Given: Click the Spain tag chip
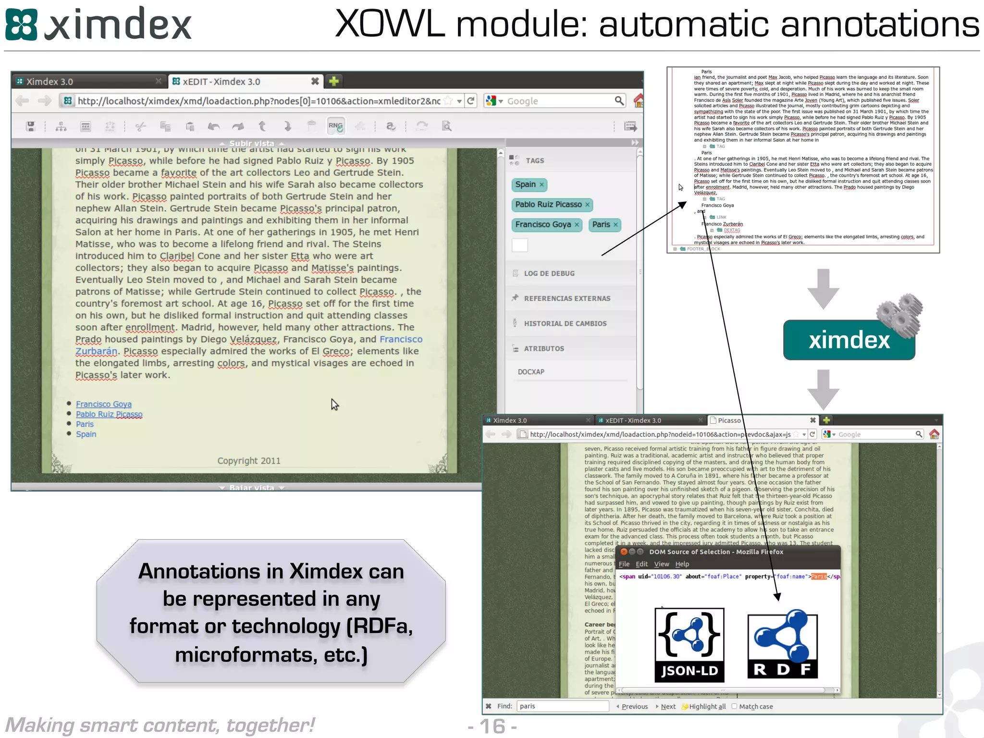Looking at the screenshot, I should click(x=526, y=184).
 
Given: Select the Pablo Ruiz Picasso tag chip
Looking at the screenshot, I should click(x=548, y=205).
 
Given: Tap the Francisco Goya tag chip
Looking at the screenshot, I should click(x=543, y=225).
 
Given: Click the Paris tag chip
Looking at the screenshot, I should click(x=601, y=225).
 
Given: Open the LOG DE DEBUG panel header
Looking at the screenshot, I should click(x=549, y=273).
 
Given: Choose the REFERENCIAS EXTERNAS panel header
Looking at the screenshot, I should click(x=567, y=298).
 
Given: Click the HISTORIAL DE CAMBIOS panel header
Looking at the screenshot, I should click(x=565, y=324).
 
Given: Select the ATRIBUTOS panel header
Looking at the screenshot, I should click(x=544, y=349).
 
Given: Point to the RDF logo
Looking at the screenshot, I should click(x=782, y=644).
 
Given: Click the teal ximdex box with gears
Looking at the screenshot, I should click(x=849, y=340).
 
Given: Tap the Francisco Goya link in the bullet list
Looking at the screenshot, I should click(x=104, y=405).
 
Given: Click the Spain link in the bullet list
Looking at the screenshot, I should click(x=86, y=434).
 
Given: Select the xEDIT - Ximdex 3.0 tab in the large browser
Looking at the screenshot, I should click(x=221, y=82).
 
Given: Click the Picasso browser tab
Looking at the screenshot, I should click(x=729, y=420).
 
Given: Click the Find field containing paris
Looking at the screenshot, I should click(x=562, y=706).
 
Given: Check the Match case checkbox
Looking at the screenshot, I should click(x=734, y=706).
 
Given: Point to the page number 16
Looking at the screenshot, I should click(x=492, y=726).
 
